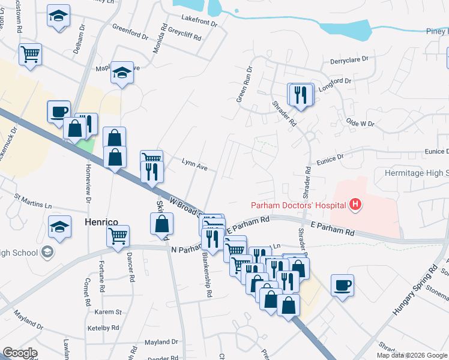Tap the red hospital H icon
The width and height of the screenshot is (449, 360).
click(356, 205)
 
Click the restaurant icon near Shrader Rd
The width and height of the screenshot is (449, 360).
click(300, 94)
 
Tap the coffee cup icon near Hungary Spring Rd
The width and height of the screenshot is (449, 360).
click(342, 285)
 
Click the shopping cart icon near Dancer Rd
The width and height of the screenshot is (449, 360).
click(118, 235)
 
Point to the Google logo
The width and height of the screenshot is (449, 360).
click(20, 353)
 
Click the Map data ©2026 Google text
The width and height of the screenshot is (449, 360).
click(411, 355)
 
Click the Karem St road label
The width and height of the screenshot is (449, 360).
click(109, 312)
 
